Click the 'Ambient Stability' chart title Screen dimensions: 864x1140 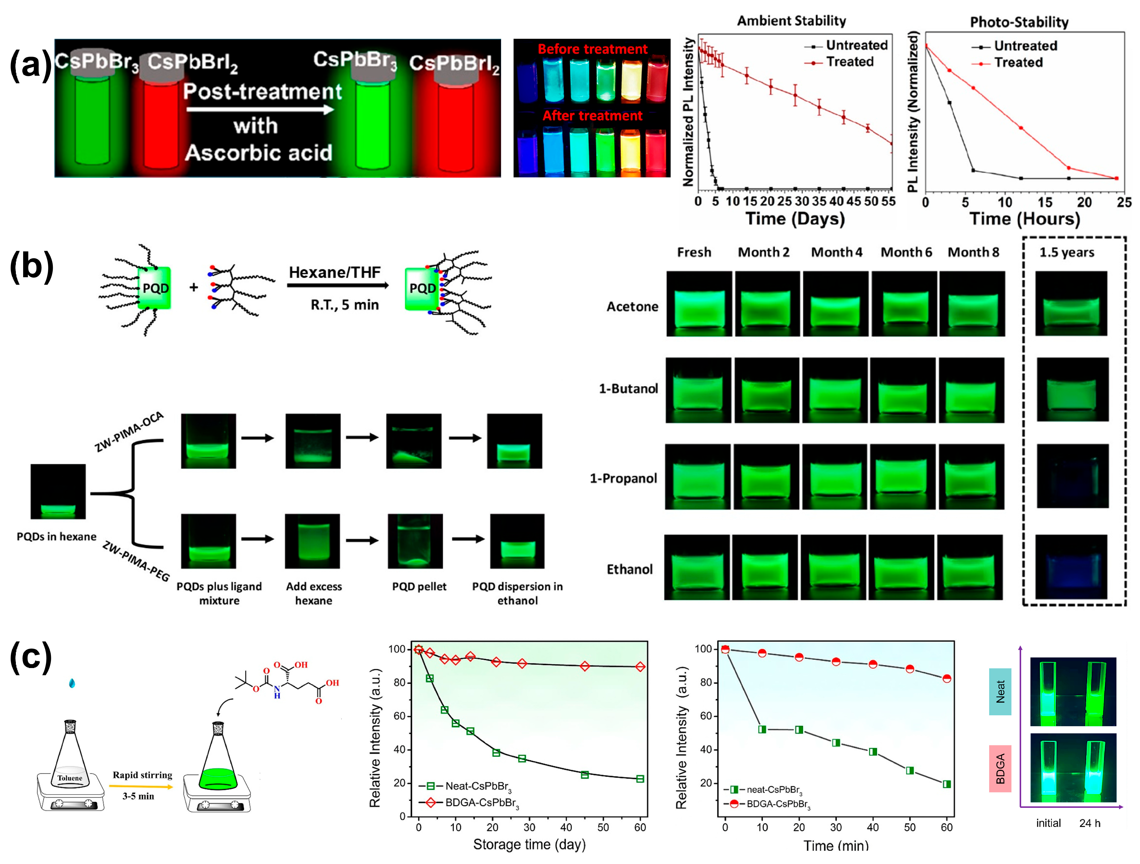(791, 21)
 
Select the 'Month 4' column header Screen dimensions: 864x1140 (836, 252)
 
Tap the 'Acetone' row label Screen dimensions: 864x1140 (632, 306)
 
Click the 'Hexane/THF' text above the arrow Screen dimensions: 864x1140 (334, 272)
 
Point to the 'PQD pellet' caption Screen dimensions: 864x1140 (419, 587)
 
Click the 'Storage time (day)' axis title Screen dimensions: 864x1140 (529, 844)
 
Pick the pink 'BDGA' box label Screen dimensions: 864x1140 (1000, 768)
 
